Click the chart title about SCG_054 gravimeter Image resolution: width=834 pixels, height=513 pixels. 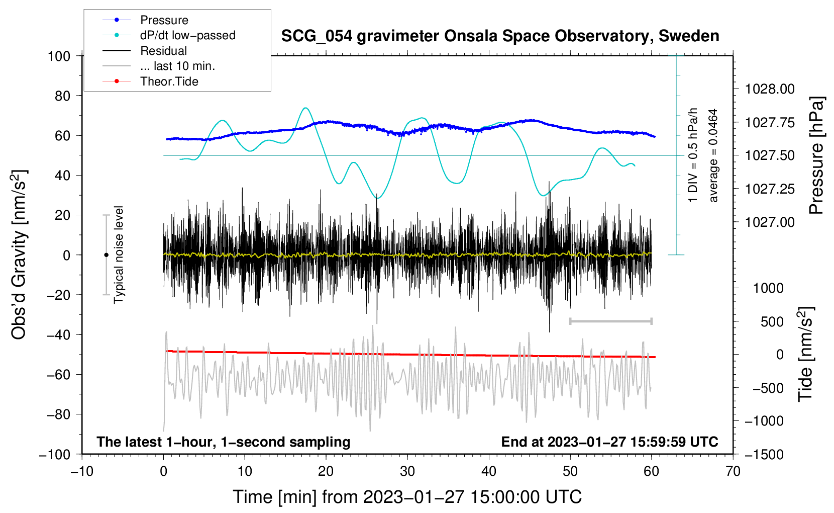(500, 36)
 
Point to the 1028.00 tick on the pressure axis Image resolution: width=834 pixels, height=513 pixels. (770, 89)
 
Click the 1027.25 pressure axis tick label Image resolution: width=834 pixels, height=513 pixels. (770, 189)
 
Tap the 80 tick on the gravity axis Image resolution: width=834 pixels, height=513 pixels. (62, 96)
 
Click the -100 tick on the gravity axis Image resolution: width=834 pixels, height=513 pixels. (55, 455)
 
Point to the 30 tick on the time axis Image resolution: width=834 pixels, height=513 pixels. (407, 471)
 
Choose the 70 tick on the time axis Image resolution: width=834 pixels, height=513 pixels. (733, 471)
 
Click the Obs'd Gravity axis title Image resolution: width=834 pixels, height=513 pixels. (19, 254)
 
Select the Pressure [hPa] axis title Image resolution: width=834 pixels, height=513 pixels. (815, 155)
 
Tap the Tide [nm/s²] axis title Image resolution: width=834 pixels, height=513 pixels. (806, 354)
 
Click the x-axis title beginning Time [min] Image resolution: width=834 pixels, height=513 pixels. (407, 497)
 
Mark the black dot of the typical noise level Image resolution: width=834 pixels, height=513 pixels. (106, 255)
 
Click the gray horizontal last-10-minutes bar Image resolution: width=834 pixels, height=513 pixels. (610, 321)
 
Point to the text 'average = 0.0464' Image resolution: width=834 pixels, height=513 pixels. (713, 155)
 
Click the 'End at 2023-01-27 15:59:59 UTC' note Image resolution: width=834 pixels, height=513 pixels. (609, 442)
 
